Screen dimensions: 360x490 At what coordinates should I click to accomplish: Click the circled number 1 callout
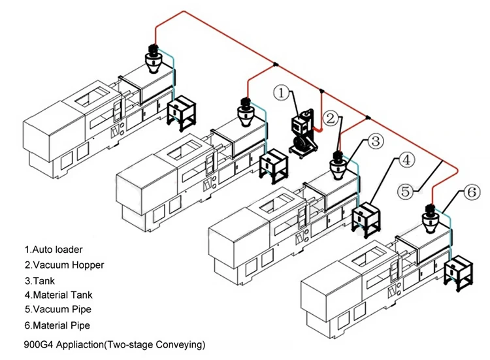point(281,94)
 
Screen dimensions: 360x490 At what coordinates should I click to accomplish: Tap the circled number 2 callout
point(332,118)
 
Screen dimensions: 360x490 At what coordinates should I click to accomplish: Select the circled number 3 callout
point(374,140)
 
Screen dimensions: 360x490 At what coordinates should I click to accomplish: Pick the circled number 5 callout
point(406,191)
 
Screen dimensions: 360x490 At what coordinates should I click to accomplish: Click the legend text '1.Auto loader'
point(54,250)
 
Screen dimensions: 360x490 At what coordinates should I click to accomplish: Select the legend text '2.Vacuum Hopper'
point(64,265)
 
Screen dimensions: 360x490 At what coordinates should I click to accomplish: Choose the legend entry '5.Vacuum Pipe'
point(58,310)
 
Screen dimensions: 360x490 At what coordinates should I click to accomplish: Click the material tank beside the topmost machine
point(181,110)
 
